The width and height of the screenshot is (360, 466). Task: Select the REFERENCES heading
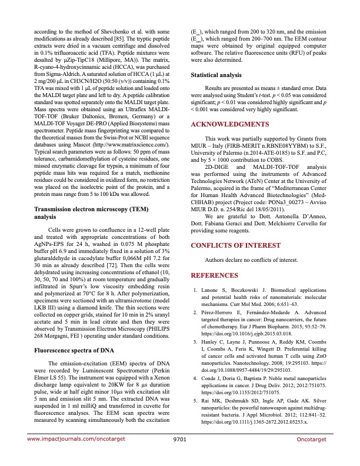[x=215, y=275]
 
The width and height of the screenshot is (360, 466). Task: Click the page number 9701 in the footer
[x=180, y=455]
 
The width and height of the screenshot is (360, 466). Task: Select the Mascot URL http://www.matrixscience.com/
[x=136, y=144]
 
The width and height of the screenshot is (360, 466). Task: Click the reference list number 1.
[x=196, y=290]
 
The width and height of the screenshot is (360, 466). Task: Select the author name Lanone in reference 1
[x=211, y=290]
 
